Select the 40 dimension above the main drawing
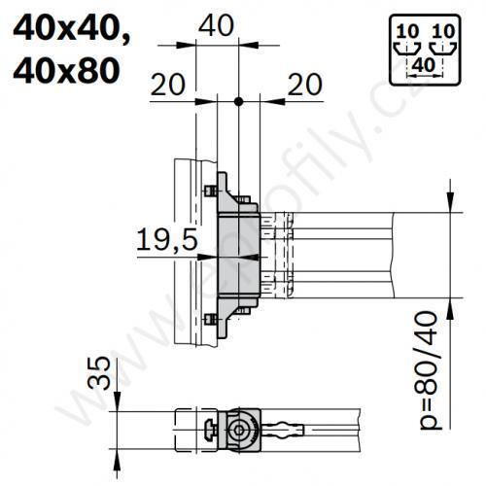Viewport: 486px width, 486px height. click(215, 26)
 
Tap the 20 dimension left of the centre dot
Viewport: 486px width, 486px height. click(168, 87)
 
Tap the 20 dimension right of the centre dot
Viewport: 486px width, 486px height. click(305, 87)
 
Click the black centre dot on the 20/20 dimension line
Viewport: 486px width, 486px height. click(237, 101)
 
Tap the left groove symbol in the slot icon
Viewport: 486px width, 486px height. click(404, 46)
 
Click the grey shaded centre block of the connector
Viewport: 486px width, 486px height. click(233, 256)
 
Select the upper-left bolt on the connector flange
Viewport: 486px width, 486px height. click(208, 191)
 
